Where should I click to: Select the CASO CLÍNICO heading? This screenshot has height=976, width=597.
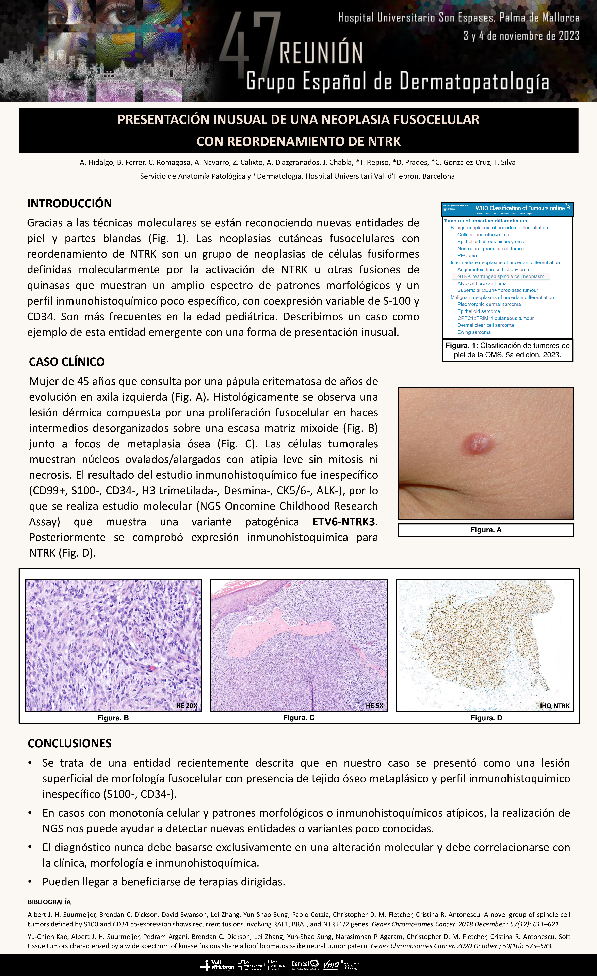[x=67, y=362]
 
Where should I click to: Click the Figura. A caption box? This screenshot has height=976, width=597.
[x=486, y=530]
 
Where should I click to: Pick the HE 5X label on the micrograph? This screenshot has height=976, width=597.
[x=374, y=705]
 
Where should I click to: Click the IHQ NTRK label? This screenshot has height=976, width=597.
[x=555, y=705]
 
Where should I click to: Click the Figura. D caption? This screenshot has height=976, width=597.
[x=486, y=718]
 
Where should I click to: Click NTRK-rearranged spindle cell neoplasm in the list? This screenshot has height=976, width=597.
[x=500, y=276]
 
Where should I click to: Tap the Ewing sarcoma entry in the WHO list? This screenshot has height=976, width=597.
[x=474, y=332]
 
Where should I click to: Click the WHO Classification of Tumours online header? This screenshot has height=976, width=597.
[x=520, y=208]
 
